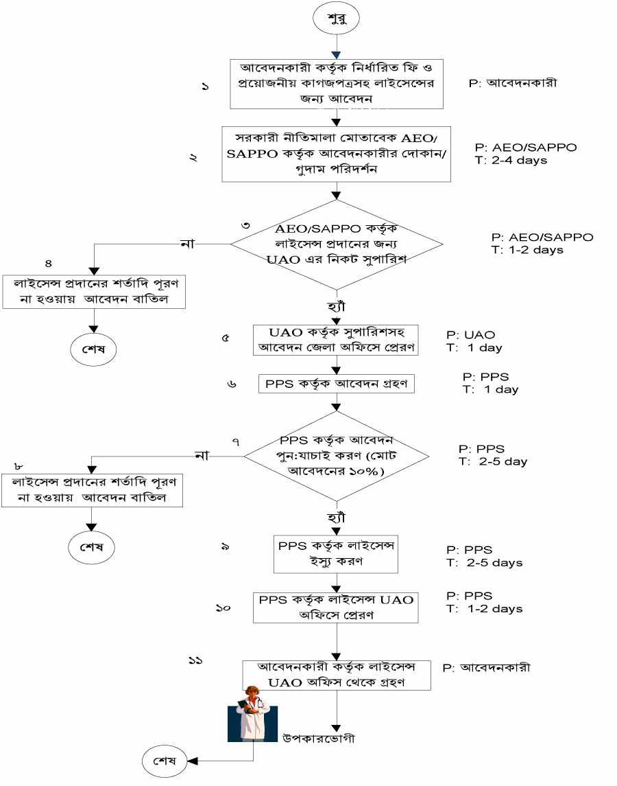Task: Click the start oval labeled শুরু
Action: pyautogui.click(x=337, y=19)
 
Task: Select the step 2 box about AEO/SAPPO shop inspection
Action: pyautogui.click(x=336, y=154)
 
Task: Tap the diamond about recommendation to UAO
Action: pyautogui.click(x=336, y=244)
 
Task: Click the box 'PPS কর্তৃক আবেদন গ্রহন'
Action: pyautogui.click(x=337, y=384)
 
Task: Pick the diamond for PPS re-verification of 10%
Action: pyautogui.click(x=336, y=454)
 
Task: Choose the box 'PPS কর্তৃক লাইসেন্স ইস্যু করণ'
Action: pyautogui.click(x=336, y=553)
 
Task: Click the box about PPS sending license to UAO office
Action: pyautogui.click(x=336, y=607)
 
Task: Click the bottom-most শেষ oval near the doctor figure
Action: pyautogui.click(x=165, y=761)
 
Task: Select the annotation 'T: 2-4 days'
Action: pyautogui.click(x=510, y=161)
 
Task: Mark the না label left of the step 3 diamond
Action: pyautogui.click(x=186, y=243)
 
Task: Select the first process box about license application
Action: pyautogui.click(x=336, y=84)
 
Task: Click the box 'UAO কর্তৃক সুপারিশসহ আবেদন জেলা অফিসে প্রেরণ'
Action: pyautogui.click(x=336, y=340)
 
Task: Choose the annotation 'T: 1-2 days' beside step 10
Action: pyautogui.click(x=483, y=609)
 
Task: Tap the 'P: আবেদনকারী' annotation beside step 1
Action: pyautogui.click(x=513, y=84)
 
